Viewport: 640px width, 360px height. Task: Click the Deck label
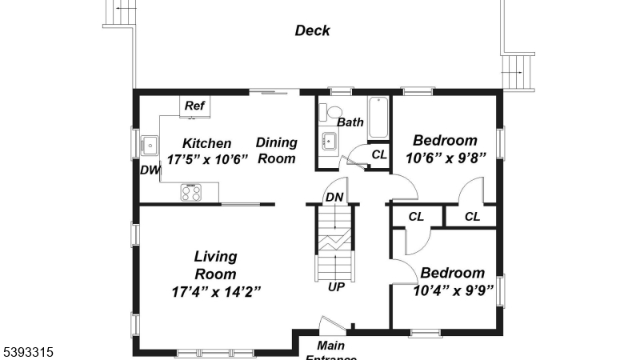pos(312,31)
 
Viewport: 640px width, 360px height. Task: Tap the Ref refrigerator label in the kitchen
pos(194,106)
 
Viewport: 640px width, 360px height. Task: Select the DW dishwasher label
pos(150,170)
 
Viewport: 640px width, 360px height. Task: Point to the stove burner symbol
pos(191,192)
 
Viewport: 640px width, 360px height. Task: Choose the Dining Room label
pos(277,150)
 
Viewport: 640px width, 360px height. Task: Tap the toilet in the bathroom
pos(334,113)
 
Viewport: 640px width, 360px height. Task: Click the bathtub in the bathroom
pos(378,117)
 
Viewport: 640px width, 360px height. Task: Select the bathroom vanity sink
pos(328,142)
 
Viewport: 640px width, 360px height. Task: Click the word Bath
pos(350,122)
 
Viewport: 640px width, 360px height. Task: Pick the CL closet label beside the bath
pos(378,154)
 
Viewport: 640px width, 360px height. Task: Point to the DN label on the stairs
pos(334,197)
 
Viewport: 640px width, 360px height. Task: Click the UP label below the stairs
pos(336,286)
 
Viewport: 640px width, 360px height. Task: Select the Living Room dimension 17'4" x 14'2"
pos(215,290)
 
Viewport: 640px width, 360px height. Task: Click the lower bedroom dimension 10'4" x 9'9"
pos(452,289)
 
